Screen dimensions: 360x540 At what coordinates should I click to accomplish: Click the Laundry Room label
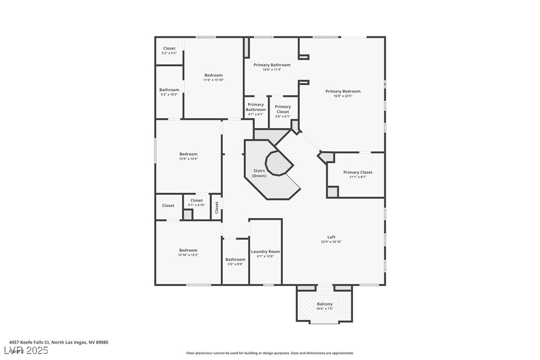pyautogui.click(x=265, y=252)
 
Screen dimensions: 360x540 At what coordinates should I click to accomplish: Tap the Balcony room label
pyautogui.click(x=325, y=304)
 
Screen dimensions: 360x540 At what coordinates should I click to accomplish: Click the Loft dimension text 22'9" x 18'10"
pyautogui.click(x=331, y=242)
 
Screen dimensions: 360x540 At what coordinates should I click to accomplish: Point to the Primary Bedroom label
pyautogui.click(x=343, y=91)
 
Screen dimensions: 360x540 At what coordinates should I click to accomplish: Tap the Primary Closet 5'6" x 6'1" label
pyautogui.click(x=283, y=109)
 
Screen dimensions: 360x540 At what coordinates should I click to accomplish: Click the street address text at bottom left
pyautogui.click(x=59, y=342)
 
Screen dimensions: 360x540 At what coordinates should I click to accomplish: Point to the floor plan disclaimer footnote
pyautogui.click(x=270, y=353)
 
